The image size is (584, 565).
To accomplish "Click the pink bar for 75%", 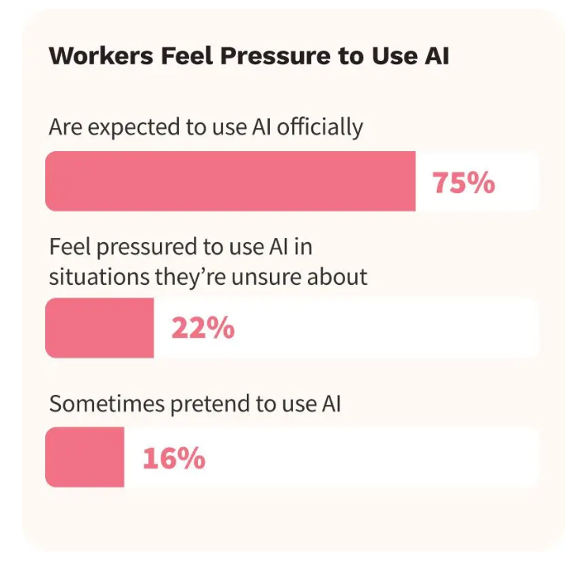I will click(x=230, y=182).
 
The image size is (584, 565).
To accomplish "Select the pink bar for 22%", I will click(x=100, y=328).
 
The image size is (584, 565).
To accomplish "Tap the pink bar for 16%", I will click(x=85, y=457).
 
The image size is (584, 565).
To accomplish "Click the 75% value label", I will click(x=464, y=183).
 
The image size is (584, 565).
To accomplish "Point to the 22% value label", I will click(x=203, y=328).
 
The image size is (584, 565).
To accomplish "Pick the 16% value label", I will click(x=174, y=458).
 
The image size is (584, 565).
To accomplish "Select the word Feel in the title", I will click(x=172, y=57).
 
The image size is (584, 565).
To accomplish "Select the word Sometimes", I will click(x=99, y=403).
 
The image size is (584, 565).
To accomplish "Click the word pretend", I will click(x=207, y=404).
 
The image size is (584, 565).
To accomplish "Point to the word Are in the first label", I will click(x=63, y=127).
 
